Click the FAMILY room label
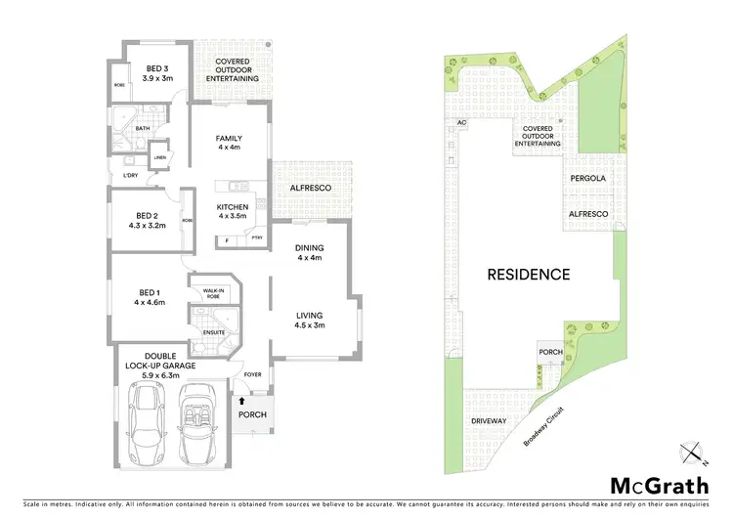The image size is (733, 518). [229, 143]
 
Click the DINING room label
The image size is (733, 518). [309, 252]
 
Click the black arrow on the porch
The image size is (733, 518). [243, 401]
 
